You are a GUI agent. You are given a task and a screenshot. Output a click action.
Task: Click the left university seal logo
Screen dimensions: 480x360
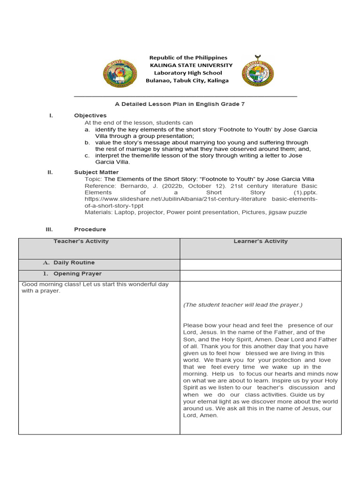click(x=120, y=73)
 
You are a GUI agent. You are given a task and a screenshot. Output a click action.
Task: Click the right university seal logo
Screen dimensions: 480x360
click(x=258, y=71)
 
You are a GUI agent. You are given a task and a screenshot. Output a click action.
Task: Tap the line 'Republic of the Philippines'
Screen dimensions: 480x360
click(x=188, y=58)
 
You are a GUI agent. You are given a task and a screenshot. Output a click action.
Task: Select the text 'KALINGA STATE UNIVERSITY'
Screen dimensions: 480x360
click(x=190, y=65)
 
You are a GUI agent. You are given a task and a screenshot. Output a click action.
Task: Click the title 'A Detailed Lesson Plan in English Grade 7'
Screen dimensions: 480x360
click(x=180, y=104)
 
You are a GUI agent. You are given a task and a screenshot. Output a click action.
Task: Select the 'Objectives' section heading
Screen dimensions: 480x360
click(x=90, y=115)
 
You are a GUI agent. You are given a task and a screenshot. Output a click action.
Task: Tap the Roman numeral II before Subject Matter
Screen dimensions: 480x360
click(x=50, y=172)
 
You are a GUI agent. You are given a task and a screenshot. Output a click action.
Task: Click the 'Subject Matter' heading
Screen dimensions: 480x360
click(x=96, y=172)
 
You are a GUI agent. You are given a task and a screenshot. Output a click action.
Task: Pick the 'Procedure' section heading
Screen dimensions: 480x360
click(x=90, y=229)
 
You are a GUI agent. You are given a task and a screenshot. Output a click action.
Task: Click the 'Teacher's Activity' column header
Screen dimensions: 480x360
click(x=81, y=241)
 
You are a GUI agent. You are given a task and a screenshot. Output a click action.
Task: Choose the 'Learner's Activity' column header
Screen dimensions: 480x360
click(x=261, y=241)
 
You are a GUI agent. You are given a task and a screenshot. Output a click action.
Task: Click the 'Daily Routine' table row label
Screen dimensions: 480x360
click(x=74, y=263)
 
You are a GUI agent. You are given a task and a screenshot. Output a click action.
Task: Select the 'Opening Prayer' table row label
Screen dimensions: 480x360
click(x=77, y=274)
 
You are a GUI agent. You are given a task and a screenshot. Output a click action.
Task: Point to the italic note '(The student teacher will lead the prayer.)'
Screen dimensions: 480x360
click(x=243, y=305)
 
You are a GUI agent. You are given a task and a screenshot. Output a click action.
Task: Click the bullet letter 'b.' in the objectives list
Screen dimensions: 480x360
click(x=87, y=142)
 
